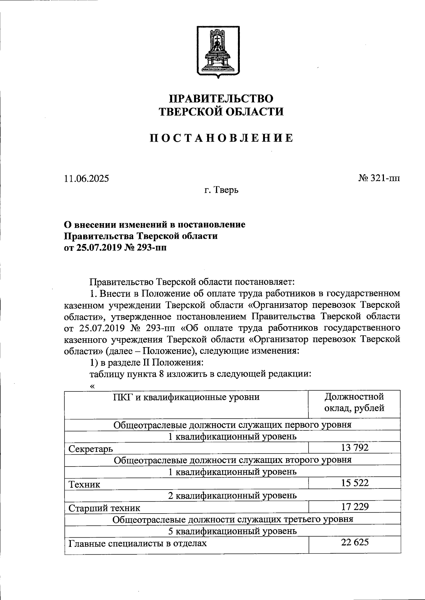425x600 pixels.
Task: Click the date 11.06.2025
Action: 86,178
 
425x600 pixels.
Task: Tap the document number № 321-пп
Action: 379,178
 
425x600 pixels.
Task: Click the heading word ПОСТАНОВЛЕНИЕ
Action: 221,138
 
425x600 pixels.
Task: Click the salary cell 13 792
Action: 355,448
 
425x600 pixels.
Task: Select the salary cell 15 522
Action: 355,483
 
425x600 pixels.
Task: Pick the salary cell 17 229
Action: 355,506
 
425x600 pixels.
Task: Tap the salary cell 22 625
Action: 355,542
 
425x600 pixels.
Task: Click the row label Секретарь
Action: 91,449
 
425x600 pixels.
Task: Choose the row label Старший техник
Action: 104,508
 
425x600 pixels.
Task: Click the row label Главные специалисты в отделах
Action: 137,543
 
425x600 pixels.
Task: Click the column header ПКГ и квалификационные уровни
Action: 186,397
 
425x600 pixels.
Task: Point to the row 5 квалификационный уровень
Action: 232,531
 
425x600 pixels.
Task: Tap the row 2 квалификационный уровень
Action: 232,495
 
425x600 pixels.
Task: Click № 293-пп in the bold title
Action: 145,247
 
